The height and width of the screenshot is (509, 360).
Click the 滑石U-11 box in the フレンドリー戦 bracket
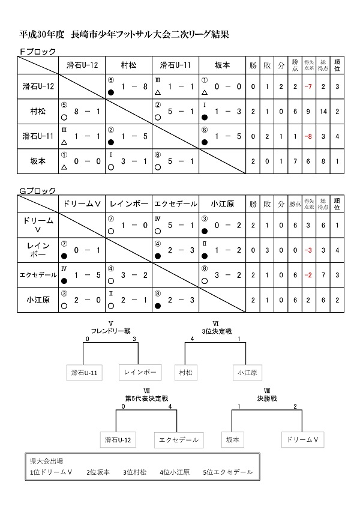[x=83, y=373]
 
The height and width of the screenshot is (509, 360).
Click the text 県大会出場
[x=46, y=461]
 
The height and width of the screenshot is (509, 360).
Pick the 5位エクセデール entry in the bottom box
[x=227, y=472]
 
